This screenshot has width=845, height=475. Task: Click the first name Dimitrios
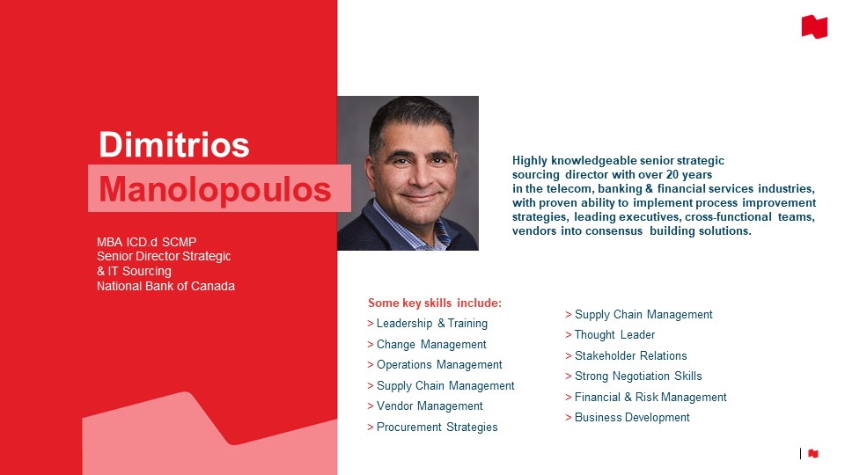pyautogui.click(x=174, y=144)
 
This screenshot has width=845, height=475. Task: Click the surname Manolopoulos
pyautogui.click(x=215, y=190)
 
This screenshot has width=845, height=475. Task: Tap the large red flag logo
pyautogui.click(x=814, y=27)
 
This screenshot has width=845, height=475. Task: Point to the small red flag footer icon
pyautogui.click(x=813, y=454)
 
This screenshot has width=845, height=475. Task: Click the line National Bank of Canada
pyautogui.click(x=165, y=286)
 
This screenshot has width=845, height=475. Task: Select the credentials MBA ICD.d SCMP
pyautogui.click(x=147, y=242)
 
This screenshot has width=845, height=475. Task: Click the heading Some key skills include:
pyautogui.click(x=434, y=303)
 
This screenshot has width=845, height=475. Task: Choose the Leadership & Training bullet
pyautogui.click(x=428, y=323)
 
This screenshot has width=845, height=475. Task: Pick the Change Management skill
pyautogui.click(x=427, y=344)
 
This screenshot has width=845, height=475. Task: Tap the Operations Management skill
pyautogui.click(x=434, y=364)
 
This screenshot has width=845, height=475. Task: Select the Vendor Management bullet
pyautogui.click(x=425, y=406)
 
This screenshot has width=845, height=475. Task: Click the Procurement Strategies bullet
pyautogui.click(x=432, y=427)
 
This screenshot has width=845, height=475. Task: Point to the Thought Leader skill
pyautogui.click(x=610, y=335)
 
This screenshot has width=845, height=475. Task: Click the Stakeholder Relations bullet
pyautogui.click(x=626, y=356)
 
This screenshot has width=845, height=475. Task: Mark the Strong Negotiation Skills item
pyautogui.click(x=634, y=376)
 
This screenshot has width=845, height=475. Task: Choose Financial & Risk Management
pyautogui.click(x=645, y=397)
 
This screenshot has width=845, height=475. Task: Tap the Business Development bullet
pyautogui.click(x=628, y=417)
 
